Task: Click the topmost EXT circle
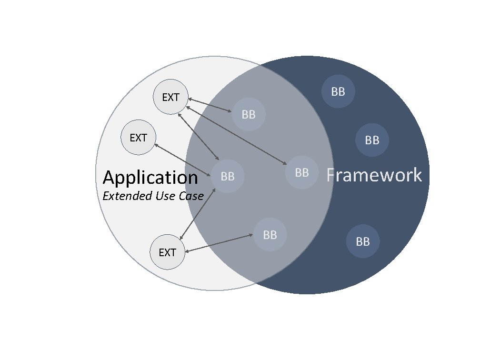pos(170,97)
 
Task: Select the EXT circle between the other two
pos(139,138)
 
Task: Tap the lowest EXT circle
pos(167,252)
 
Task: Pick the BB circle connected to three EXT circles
pos(228,176)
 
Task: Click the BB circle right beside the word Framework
pos(302,172)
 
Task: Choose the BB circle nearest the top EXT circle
pos(249,114)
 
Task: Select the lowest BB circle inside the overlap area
pos(270,235)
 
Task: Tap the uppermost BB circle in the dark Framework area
pos(338,91)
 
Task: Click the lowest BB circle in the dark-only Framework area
pos(363,241)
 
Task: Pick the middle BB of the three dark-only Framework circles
pos(372,140)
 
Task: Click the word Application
pos(150,178)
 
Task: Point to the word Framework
pos(374,175)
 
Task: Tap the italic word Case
pos(191,196)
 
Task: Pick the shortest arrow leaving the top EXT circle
pos(210,105)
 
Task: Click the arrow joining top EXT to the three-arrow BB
pos(199,137)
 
